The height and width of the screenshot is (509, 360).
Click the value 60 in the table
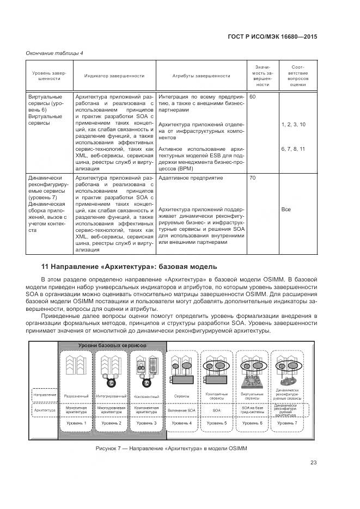pyautogui.click(x=252, y=96)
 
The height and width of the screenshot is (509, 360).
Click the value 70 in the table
pyautogui.click(x=252, y=177)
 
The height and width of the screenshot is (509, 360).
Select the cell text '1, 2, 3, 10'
pyautogui.click(x=294, y=125)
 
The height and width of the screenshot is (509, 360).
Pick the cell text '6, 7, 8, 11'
pyautogui.click(x=294, y=149)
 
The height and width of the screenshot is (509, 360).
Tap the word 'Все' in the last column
pyautogui.click(x=286, y=209)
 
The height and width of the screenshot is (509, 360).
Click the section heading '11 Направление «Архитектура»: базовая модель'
pyautogui.click(x=129, y=267)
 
